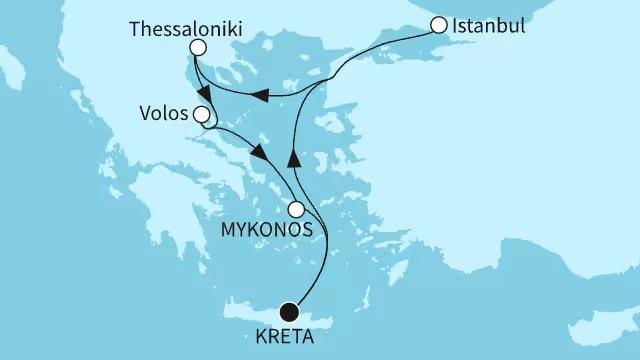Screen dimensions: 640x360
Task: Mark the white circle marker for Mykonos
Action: (x=296, y=210)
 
